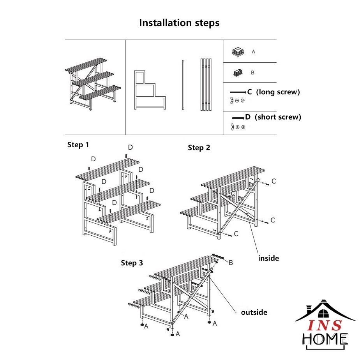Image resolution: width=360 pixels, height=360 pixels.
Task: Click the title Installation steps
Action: click(179, 23)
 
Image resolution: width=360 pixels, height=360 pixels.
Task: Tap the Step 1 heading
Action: click(78, 145)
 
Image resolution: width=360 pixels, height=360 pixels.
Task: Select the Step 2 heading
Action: click(199, 148)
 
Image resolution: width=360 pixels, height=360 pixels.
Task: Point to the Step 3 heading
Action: click(132, 263)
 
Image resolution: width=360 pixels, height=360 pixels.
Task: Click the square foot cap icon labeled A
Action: click(238, 52)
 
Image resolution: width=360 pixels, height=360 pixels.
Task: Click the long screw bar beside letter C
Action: click(238, 92)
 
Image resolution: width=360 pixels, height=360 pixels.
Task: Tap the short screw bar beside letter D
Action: click(238, 118)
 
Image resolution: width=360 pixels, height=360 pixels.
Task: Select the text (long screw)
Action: click(278, 92)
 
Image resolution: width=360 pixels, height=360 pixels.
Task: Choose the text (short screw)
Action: click(278, 117)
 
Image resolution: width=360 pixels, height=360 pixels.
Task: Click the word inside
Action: click(268, 258)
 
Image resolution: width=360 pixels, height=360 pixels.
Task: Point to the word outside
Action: click(254, 312)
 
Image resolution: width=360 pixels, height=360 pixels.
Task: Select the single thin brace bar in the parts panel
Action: click(183, 85)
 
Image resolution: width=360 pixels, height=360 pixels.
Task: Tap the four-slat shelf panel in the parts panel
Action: click(206, 85)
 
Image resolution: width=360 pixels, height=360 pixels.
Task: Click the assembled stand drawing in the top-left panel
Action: click(93, 84)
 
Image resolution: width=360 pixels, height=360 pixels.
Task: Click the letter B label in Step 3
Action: click(231, 263)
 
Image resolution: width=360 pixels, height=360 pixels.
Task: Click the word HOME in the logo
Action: click(325, 339)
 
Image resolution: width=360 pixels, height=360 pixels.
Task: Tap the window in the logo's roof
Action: click(323, 314)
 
